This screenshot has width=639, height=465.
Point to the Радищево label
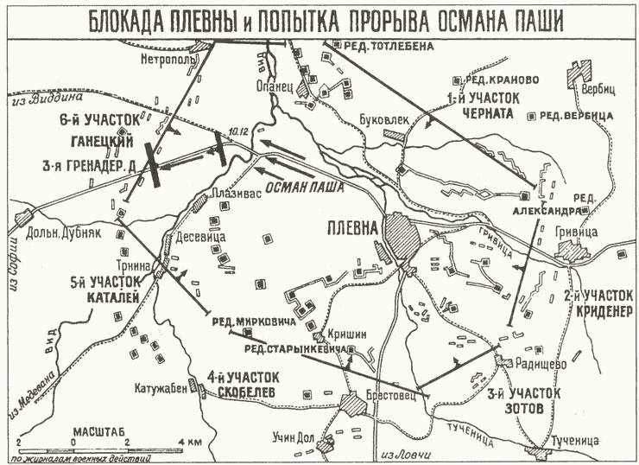(x=541, y=364)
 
